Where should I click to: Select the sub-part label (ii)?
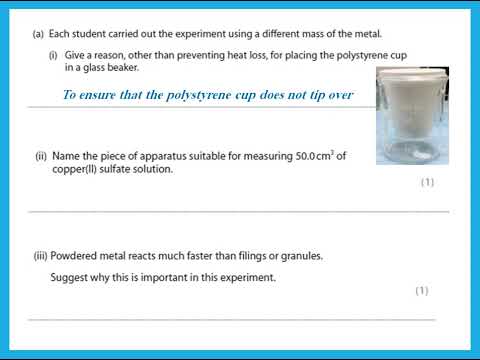click(x=41, y=156)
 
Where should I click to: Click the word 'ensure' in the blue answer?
click(x=102, y=95)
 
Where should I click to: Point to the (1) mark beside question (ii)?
click(x=427, y=182)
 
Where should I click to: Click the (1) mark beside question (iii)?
click(x=422, y=290)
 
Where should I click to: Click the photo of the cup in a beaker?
click(x=412, y=115)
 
